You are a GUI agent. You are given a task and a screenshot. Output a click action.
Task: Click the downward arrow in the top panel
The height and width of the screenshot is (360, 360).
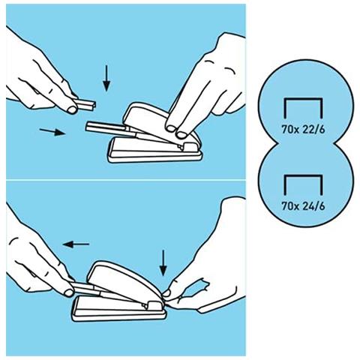(x=106, y=78)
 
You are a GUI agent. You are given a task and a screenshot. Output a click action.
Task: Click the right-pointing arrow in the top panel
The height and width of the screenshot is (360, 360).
(x=52, y=131)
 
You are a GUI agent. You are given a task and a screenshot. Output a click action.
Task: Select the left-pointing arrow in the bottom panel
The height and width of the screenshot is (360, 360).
(x=76, y=244)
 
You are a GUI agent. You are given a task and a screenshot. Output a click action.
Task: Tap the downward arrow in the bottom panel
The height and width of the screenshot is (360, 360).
(x=163, y=263)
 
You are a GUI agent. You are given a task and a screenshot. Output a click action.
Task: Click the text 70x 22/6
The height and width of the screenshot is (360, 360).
(x=303, y=130)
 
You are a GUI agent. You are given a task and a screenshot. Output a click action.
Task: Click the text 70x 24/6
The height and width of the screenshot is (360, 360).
(x=303, y=206)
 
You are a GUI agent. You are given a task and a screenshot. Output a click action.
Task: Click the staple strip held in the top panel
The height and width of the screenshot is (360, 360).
(x=85, y=103)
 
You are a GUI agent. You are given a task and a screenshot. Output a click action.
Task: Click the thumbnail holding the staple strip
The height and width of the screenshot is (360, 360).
(x=73, y=109)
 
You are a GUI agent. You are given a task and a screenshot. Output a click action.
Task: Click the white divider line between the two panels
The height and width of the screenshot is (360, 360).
(x=126, y=180)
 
